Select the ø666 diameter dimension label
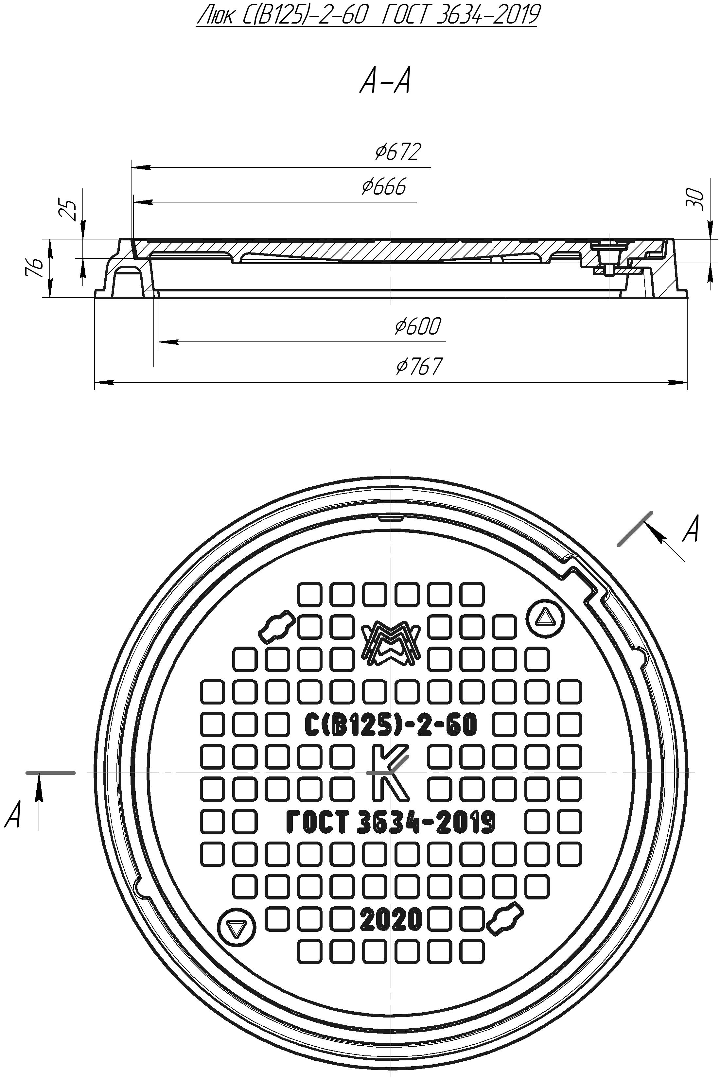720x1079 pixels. (384, 187)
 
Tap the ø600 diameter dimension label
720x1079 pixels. (417, 326)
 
